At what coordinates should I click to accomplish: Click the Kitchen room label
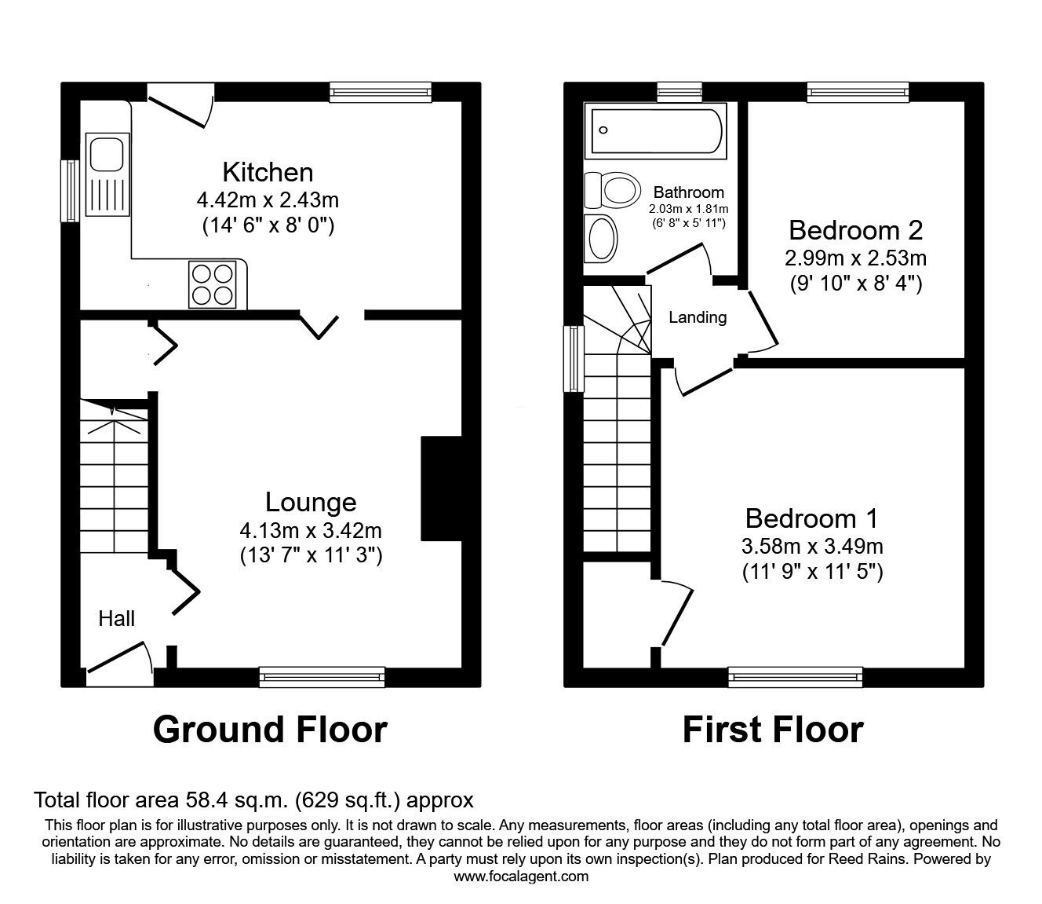click(x=268, y=173)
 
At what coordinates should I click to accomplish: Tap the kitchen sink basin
click(x=107, y=151)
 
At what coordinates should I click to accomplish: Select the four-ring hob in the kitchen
click(x=212, y=284)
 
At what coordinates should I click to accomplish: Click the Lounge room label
click(x=311, y=502)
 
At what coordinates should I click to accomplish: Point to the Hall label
click(x=116, y=619)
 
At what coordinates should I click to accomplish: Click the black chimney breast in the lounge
click(x=441, y=489)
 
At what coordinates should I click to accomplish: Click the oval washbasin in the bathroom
click(x=601, y=239)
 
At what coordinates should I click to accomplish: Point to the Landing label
click(x=698, y=317)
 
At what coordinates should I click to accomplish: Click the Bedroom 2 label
click(x=855, y=231)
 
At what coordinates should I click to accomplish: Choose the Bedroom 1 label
click(x=811, y=519)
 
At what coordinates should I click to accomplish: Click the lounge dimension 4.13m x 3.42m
click(x=311, y=531)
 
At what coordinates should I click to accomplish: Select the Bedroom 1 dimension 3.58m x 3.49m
click(x=812, y=546)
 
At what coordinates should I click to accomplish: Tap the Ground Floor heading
click(x=270, y=730)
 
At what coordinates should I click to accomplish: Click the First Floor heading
click(x=773, y=730)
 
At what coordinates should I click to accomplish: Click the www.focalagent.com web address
click(x=521, y=877)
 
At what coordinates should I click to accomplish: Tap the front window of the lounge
click(x=322, y=677)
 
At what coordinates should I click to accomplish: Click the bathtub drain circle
click(x=603, y=130)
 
